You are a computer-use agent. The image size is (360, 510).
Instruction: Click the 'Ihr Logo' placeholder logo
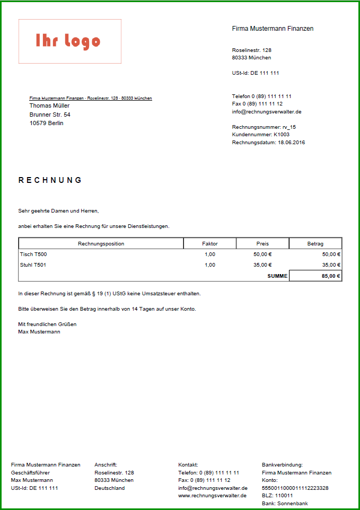coord(69,41)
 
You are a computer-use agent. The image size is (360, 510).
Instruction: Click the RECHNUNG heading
coord(50,180)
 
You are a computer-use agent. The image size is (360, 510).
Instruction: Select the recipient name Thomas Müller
coord(49,105)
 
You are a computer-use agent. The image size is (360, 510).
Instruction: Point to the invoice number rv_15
coord(289,127)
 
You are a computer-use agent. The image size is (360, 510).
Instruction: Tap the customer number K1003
coord(281,135)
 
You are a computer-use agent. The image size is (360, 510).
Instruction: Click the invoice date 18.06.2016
coord(291,143)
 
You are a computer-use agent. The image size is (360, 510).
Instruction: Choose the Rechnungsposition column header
coord(101,244)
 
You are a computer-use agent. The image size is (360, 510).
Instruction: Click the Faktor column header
coord(210,244)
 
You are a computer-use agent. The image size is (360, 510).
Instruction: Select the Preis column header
coord(262,244)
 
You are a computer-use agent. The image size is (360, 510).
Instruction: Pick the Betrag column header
coord(315,244)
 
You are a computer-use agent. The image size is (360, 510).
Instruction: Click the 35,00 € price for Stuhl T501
coord(262,265)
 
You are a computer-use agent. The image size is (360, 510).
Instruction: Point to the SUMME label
coord(277,276)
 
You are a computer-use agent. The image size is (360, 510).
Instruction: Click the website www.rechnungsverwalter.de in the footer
coord(212,496)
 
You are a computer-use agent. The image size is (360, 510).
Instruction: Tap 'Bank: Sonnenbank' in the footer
coord(285,504)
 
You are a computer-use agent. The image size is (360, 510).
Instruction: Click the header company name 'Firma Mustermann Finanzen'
coord(273,29)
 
